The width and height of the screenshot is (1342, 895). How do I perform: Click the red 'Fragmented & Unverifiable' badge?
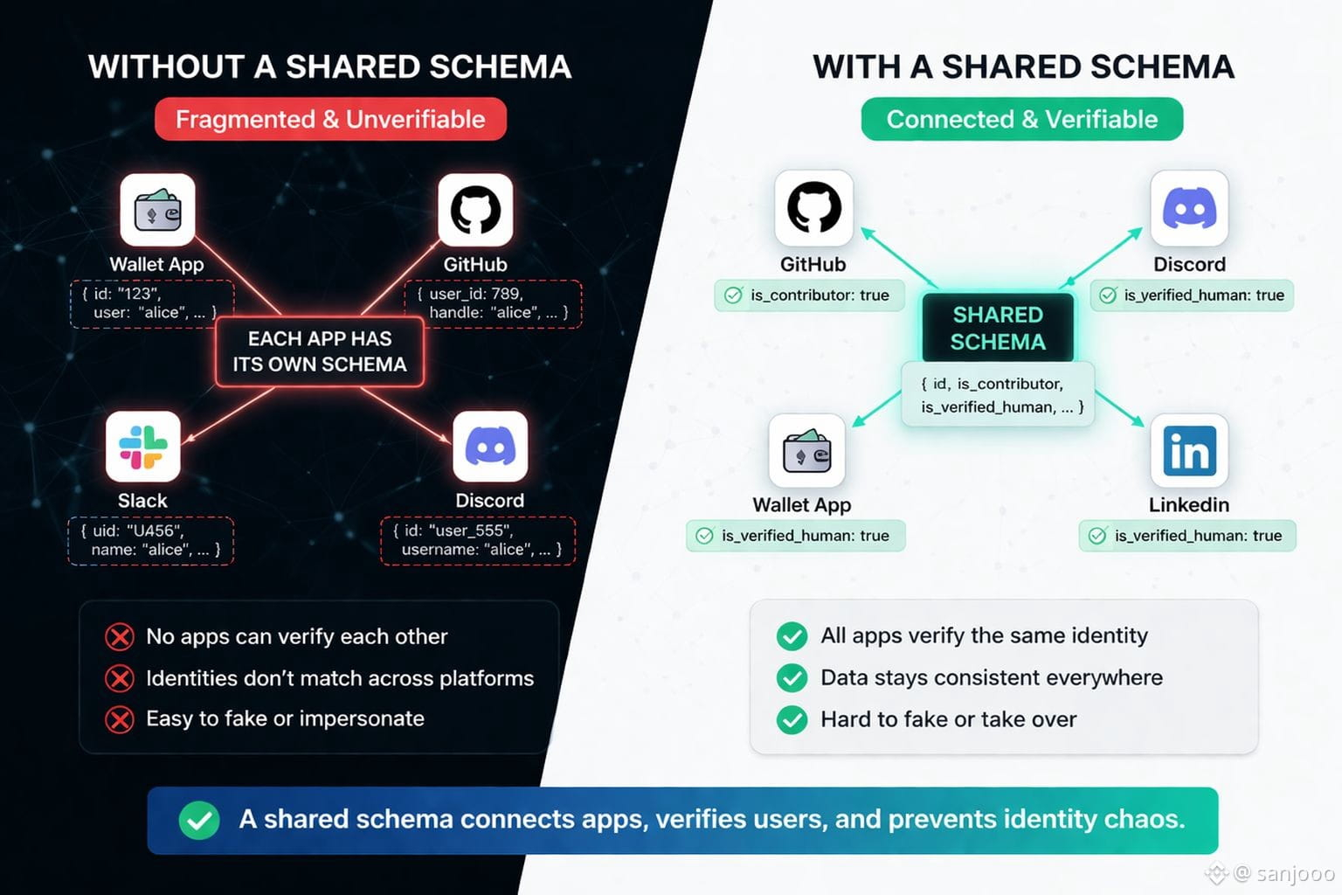[x=330, y=120]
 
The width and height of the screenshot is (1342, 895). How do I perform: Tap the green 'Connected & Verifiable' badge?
[x=1021, y=120]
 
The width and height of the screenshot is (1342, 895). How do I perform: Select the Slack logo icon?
[x=143, y=447]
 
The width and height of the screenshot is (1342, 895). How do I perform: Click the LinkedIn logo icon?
[x=1189, y=451]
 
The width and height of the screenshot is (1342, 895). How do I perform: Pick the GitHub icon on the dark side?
[x=475, y=210]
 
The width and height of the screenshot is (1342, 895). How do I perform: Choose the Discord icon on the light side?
[x=1189, y=209]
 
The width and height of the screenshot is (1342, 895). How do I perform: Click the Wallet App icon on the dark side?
[x=157, y=210]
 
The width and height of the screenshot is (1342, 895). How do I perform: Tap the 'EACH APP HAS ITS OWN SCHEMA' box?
[x=320, y=351]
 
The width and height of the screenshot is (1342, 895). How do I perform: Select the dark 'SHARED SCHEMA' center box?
[x=998, y=328]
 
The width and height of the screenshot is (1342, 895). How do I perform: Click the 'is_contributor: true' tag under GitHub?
[x=809, y=295]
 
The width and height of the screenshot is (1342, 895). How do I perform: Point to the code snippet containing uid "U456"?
[x=151, y=540]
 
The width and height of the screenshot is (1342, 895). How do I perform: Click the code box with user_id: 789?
[x=493, y=303]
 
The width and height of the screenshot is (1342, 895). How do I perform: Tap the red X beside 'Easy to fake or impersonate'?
[x=120, y=719]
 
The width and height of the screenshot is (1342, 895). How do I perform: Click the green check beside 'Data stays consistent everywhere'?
[x=792, y=677]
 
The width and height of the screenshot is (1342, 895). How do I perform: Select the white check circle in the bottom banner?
[x=199, y=820]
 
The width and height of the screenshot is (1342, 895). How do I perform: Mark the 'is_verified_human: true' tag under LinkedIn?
[x=1187, y=536]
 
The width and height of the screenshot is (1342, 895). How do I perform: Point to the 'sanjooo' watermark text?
[x=1295, y=872]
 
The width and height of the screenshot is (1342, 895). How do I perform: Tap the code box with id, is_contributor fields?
[x=998, y=395]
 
